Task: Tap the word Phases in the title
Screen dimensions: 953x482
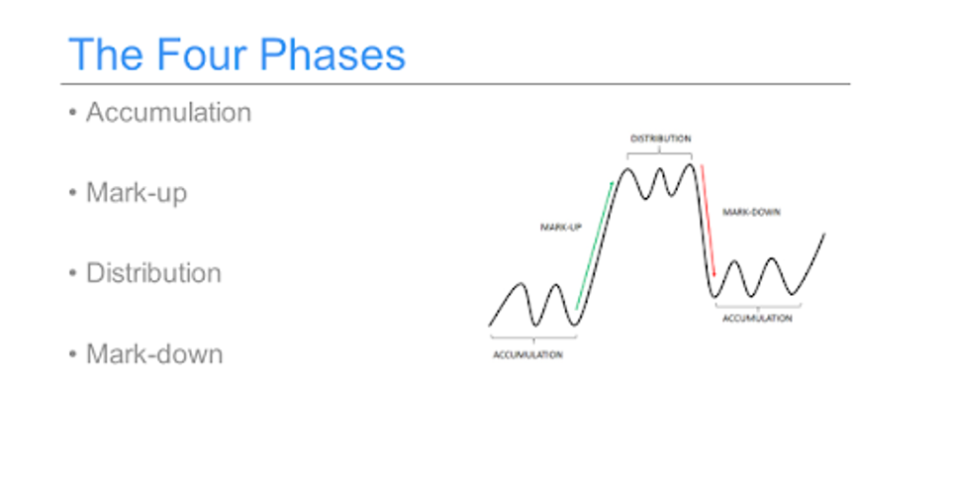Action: pyautogui.click(x=333, y=54)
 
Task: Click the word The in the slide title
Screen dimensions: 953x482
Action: pyautogui.click(x=106, y=54)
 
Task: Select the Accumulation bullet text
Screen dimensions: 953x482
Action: pyautogui.click(x=168, y=113)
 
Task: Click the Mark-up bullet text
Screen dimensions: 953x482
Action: pyautogui.click(x=137, y=193)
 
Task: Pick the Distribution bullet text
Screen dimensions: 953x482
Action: pyautogui.click(x=153, y=273)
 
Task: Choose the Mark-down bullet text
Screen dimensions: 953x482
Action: pyautogui.click(x=154, y=353)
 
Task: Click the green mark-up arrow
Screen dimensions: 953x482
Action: pyautogui.click(x=595, y=244)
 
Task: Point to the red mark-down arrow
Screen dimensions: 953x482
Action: pyautogui.click(x=708, y=221)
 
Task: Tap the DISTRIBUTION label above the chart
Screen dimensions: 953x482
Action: pyautogui.click(x=660, y=139)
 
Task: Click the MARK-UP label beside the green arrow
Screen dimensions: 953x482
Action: pyautogui.click(x=560, y=228)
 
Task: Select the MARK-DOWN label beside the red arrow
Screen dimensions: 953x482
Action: pyautogui.click(x=751, y=212)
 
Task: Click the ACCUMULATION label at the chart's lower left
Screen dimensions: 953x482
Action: pyautogui.click(x=527, y=355)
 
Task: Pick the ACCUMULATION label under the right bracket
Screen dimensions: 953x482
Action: pyautogui.click(x=757, y=319)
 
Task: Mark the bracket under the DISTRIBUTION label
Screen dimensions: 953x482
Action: pyautogui.click(x=659, y=153)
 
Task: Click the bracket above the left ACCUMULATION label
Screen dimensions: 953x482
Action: pyautogui.click(x=533, y=337)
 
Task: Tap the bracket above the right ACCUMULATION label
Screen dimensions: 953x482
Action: pyautogui.click(x=758, y=306)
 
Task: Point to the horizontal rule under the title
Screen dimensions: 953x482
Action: pyautogui.click(x=455, y=84)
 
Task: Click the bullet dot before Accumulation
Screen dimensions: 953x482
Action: pyautogui.click(x=73, y=113)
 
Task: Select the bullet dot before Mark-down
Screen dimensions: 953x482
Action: pyautogui.click(x=73, y=353)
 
